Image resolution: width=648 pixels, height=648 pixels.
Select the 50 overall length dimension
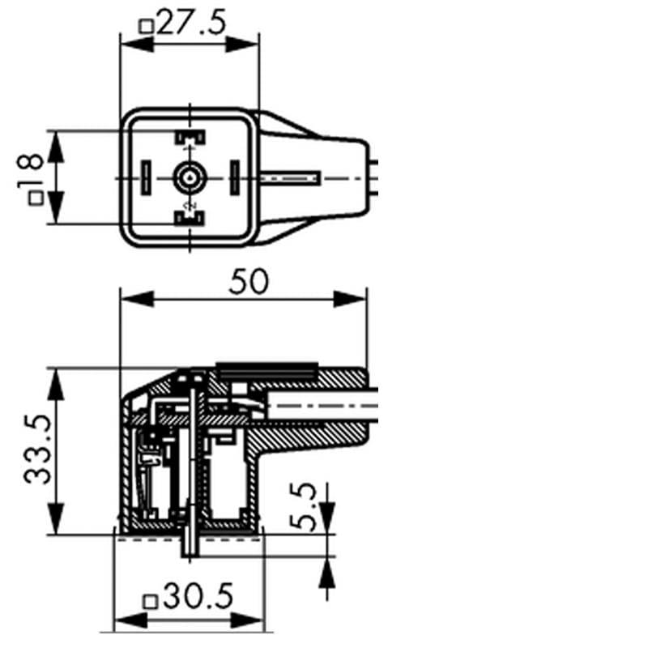click(249, 282)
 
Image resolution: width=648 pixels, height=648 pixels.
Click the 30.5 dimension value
click(198, 598)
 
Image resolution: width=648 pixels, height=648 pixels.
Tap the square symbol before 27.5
click(147, 26)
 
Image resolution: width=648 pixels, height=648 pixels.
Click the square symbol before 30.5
click(149, 600)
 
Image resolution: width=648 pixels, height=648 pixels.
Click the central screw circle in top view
click(189, 176)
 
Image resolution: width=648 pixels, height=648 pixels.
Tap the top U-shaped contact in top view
click(189, 138)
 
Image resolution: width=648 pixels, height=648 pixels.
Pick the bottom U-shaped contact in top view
click(189, 216)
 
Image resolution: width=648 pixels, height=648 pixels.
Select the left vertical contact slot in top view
click(147, 175)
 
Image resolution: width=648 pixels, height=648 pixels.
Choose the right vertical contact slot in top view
click(232, 175)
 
